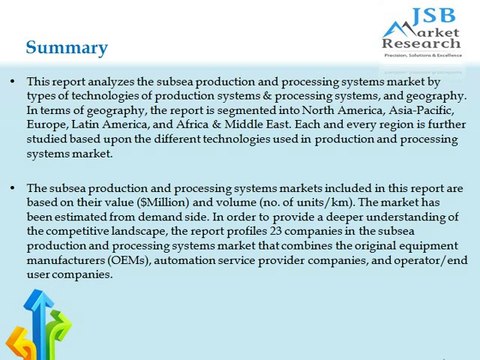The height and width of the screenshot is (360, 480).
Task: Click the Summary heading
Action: pyautogui.click(x=67, y=47)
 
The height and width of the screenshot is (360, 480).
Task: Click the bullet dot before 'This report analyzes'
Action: pyautogui.click(x=12, y=80)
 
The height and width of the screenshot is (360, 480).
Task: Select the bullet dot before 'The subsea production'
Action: pyautogui.click(x=12, y=187)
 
